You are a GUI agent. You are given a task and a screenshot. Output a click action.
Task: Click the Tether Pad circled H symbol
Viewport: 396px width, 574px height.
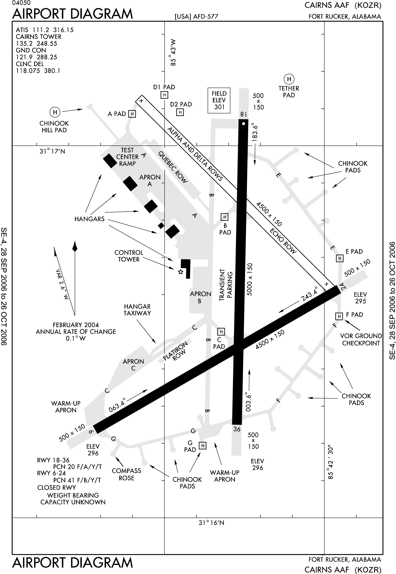click(x=289, y=79)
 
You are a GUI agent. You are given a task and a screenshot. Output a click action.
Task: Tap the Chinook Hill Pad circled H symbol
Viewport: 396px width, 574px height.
click(x=55, y=112)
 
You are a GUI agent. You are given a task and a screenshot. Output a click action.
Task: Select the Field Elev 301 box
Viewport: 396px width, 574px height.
click(x=219, y=100)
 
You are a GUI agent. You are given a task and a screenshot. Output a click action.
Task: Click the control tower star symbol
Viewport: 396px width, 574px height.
click(x=180, y=272)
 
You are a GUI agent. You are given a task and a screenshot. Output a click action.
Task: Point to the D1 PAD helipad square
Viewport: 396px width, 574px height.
click(x=164, y=95)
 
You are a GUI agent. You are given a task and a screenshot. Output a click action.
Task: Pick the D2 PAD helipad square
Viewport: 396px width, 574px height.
click(x=180, y=112)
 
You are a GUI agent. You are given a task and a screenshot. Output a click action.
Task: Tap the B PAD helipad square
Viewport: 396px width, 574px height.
click(x=224, y=217)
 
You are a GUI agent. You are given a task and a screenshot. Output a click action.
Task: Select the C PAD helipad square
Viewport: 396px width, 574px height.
click(x=221, y=331)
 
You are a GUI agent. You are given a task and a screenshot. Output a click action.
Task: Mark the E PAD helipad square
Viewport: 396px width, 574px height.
click(x=340, y=258)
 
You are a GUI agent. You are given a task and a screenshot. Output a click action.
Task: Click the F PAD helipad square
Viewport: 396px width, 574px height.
click(x=339, y=316)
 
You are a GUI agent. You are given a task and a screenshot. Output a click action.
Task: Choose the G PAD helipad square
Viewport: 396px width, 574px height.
click(x=202, y=446)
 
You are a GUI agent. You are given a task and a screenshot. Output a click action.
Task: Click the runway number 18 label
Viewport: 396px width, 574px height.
click(x=243, y=114)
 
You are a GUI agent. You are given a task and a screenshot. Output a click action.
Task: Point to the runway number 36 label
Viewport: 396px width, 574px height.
click(x=237, y=429)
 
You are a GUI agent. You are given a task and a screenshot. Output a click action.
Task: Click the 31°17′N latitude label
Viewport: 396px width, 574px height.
click(x=52, y=151)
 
